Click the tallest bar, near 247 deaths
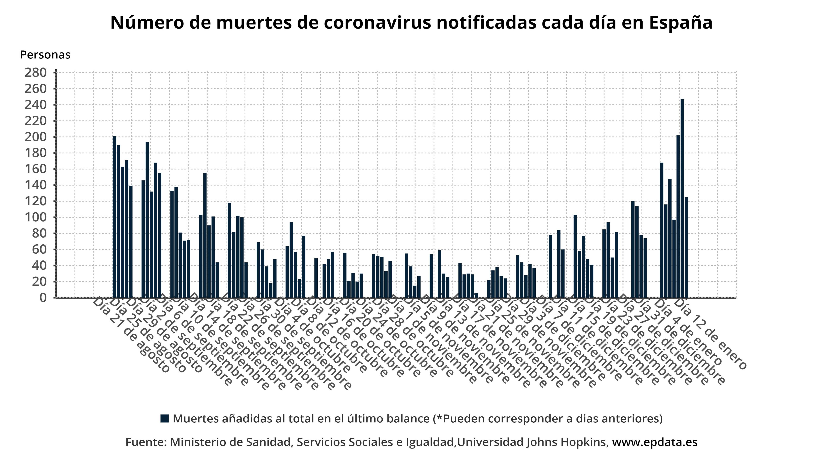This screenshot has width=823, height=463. (x=682, y=198)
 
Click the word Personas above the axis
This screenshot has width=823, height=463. (x=45, y=55)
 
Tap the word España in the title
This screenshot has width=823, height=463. (x=680, y=22)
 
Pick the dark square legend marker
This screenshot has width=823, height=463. (x=165, y=419)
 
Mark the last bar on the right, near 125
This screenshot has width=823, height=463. (x=686, y=248)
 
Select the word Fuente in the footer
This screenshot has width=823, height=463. (x=144, y=442)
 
